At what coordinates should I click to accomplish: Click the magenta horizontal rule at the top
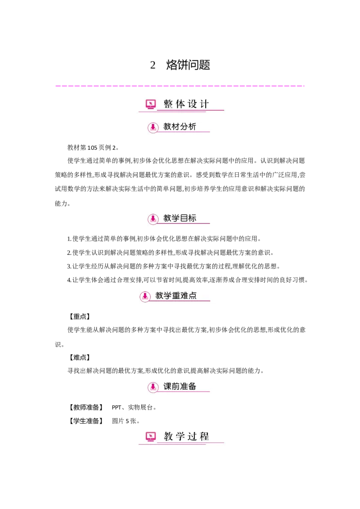[180, 86]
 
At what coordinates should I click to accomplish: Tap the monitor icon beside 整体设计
[151, 104]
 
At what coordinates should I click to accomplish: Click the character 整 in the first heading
[168, 104]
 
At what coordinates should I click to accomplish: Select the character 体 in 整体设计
[180, 104]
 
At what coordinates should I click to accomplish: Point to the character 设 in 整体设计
[193, 104]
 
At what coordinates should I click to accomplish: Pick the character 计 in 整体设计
[204, 104]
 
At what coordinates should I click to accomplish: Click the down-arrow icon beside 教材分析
[153, 128]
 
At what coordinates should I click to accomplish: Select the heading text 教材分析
[180, 127]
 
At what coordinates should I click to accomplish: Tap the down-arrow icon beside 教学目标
[153, 219]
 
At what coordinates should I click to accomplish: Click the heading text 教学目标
[180, 218]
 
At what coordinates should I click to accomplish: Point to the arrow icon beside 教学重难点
[145, 296]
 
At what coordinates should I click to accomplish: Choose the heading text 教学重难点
[176, 296]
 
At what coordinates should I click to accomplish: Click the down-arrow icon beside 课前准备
[153, 387]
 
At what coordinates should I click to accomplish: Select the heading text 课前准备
[180, 386]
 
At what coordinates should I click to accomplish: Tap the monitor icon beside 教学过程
[151, 436]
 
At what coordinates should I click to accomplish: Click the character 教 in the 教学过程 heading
[168, 436]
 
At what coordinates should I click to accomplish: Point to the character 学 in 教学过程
[180, 436]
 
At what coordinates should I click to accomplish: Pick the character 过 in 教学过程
[193, 436]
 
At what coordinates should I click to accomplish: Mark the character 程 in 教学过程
[204, 436]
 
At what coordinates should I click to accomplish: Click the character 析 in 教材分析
[192, 127]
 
